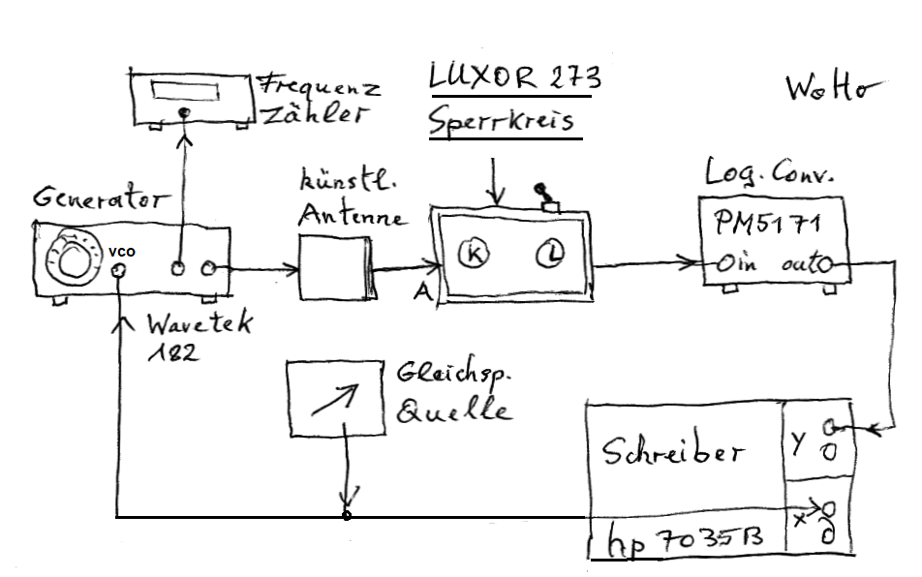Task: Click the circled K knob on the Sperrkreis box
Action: click(x=475, y=255)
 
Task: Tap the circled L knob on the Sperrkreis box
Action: click(x=547, y=255)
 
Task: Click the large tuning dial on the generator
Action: click(x=71, y=257)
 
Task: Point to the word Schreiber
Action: click(x=674, y=452)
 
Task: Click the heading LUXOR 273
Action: click(x=514, y=78)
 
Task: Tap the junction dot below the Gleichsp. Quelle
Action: click(x=347, y=516)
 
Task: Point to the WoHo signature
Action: click(x=832, y=89)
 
